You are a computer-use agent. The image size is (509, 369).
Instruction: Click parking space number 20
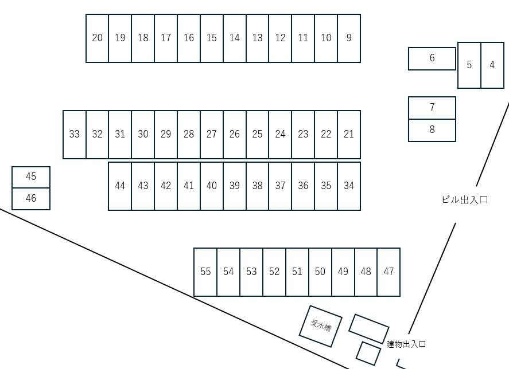(98, 38)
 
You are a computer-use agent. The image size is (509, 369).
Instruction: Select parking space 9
(349, 38)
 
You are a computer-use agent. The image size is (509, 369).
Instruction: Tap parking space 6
(432, 58)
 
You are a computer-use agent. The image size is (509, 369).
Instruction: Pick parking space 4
(492, 65)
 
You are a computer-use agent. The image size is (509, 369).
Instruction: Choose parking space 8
(432, 130)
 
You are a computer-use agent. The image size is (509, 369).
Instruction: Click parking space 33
(75, 135)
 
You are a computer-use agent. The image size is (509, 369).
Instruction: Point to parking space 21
(349, 135)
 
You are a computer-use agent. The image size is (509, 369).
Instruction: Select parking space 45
(31, 177)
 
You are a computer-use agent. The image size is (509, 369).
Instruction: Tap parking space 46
(31, 199)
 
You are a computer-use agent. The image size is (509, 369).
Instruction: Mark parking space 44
(120, 186)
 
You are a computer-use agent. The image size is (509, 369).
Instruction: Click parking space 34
(349, 186)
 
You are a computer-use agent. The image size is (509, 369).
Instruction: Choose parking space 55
(205, 272)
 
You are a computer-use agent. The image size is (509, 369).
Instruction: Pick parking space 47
(388, 272)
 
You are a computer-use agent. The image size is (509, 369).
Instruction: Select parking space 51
(297, 272)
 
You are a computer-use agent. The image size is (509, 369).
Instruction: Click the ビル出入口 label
(465, 200)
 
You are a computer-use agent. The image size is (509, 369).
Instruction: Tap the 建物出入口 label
(406, 344)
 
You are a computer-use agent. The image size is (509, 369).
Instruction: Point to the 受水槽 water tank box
(321, 326)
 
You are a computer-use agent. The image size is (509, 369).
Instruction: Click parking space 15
(212, 38)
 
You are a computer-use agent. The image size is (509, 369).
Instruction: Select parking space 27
(212, 135)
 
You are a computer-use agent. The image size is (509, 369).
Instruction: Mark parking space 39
(235, 186)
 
